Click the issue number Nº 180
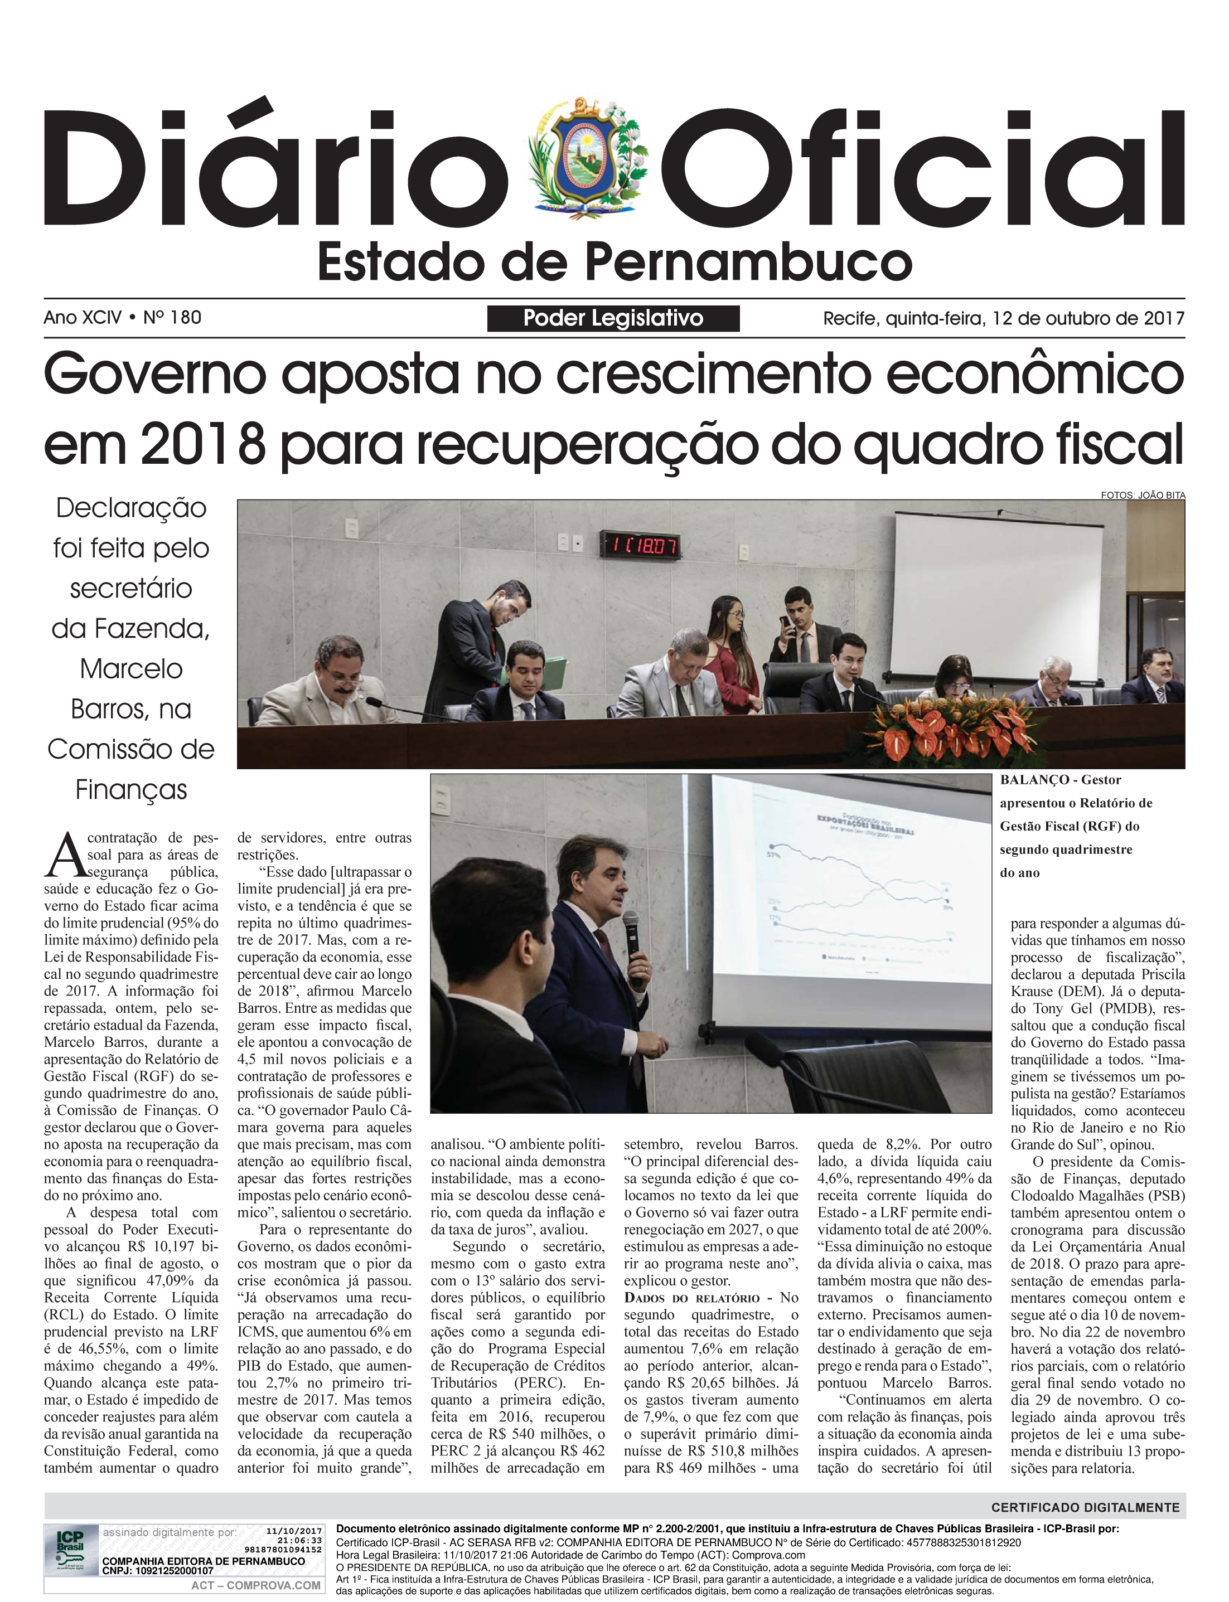pos(173,317)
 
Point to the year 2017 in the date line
pos(1164,318)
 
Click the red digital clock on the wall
pos(640,545)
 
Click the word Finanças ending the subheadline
pos(131,790)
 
